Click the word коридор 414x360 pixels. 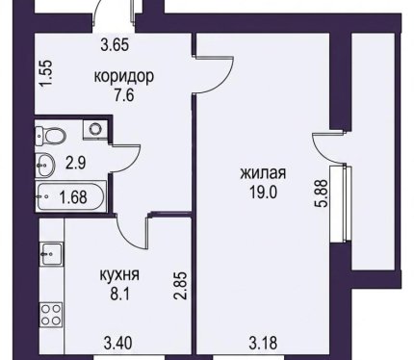pyautogui.click(x=124, y=77)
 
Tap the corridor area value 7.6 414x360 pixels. pyautogui.click(x=124, y=95)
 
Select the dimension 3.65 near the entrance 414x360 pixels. pyautogui.click(x=115, y=44)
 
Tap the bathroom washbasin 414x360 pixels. pyautogui.click(x=45, y=165)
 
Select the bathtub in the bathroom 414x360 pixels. pyautogui.click(x=70, y=197)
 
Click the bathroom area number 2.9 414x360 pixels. pyautogui.click(x=76, y=164)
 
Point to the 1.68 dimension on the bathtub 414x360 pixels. pyautogui.click(x=73, y=197)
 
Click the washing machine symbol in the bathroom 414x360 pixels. pyautogui.click(x=94, y=129)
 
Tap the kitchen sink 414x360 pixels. pyautogui.click(x=51, y=254)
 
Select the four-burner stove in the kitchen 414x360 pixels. pyautogui.click(x=51, y=315)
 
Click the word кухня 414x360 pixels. pyautogui.click(x=120, y=275)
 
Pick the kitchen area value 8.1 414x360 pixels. pyautogui.click(x=120, y=295)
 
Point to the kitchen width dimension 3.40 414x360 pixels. pyautogui.click(x=117, y=344)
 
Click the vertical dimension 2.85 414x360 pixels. pyautogui.click(x=180, y=285)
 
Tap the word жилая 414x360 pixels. pyautogui.click(x=263, y=174)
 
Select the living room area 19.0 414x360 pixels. pyautogui.click(x=263, y=193)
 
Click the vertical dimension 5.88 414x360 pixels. pyautogui.click(x=322, y=193)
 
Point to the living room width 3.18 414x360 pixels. pyautogui.click(x=263, y=343)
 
